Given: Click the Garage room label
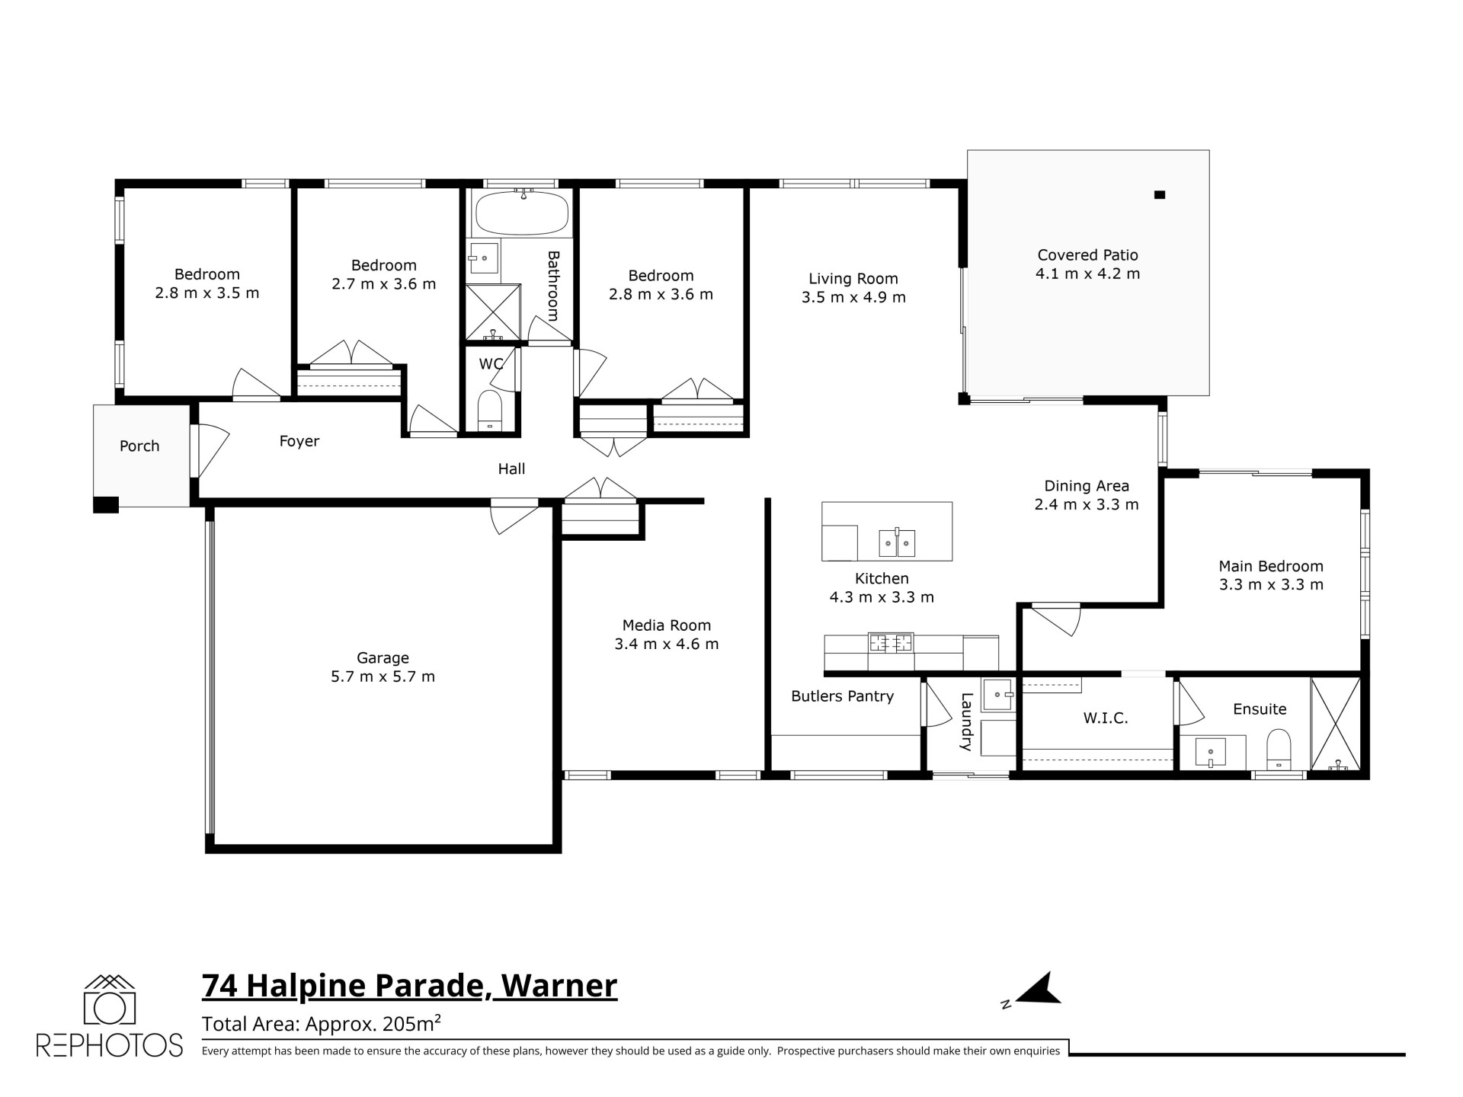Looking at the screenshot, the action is click(383, 657).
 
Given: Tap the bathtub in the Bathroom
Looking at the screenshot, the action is click(522, 213).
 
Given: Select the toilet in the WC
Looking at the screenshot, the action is click(489, 411).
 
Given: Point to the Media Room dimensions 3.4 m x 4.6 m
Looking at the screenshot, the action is click(667, 644).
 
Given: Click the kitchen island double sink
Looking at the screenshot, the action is click(897, 542).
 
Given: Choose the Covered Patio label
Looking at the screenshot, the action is click(1087, 255).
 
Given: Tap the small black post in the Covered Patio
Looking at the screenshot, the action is click(1160, 195).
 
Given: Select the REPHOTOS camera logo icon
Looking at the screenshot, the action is click(109, 999).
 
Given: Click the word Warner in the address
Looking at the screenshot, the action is click(559, 986).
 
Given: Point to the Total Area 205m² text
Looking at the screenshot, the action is click(322, 1024).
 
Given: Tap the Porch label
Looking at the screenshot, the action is click(139, 446).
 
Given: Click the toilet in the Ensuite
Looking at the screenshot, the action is click(1279, 750).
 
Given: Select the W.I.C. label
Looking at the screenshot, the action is click(1105, 718).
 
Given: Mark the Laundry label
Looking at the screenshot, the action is click(966, 721).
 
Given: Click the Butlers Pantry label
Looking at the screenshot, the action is click(842, 696).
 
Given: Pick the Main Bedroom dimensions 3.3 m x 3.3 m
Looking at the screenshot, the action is click(1271, 584).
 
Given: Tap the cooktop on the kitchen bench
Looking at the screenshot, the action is click(891, 642).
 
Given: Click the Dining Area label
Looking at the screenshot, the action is click(1087, 485).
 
